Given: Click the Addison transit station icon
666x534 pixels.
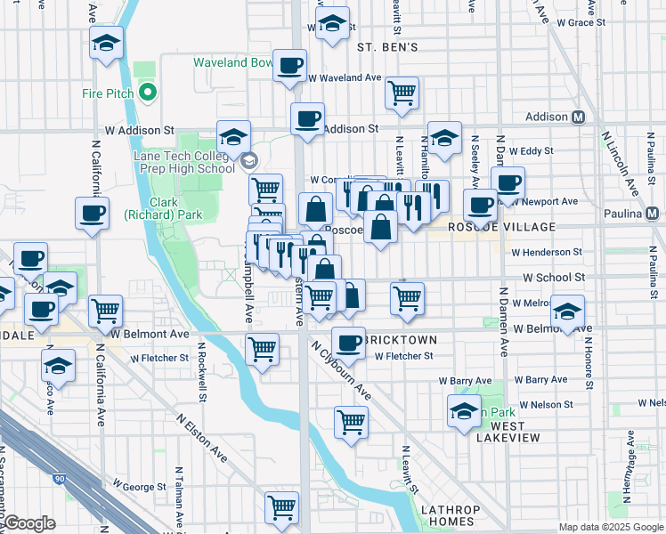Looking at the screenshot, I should coord(578,117).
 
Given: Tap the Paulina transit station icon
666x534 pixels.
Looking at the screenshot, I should coord(653,214).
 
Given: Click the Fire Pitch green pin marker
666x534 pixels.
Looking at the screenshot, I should coord(149,93).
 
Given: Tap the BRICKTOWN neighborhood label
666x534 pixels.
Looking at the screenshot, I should coord(402,341).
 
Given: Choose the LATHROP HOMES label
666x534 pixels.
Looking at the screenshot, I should coord(450,515).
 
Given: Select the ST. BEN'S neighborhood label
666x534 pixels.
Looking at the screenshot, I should coord(387,46).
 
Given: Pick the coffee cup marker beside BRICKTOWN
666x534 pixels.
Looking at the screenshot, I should coord(348,342).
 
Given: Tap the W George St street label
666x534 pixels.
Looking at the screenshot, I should coord(142,487).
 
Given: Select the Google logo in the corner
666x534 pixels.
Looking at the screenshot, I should coord(28,523).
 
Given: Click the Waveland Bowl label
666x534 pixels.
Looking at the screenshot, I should coord(233,63).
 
